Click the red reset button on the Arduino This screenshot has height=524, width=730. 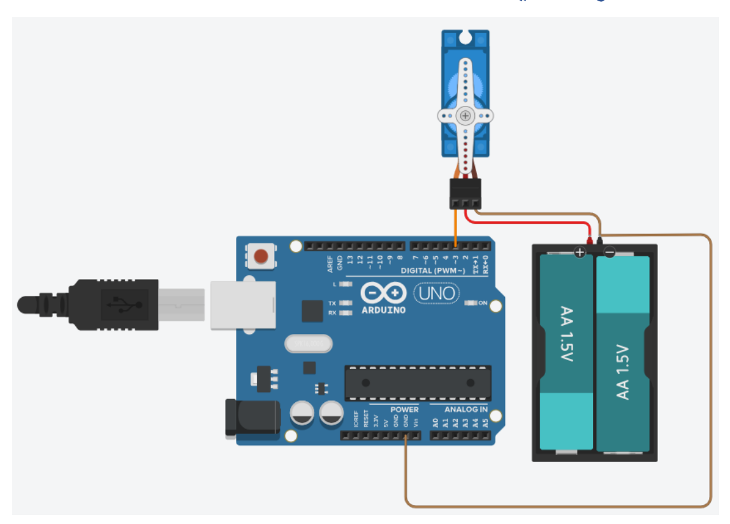(261, 256)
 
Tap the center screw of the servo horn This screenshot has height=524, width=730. (465, 115)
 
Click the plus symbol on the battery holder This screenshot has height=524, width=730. (579, 252)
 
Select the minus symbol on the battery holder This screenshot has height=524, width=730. (610, 252)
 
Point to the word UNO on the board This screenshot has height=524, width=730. (437, 293)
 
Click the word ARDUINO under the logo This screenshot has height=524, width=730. (383, 310)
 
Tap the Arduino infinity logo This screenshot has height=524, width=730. (383, 293)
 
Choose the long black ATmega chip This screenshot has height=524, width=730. (418, 383)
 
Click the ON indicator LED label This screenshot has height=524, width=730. (483, 303)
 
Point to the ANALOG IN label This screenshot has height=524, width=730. (465, 409)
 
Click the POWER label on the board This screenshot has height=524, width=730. (404, 409)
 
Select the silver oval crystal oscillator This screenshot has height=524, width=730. (309, 344)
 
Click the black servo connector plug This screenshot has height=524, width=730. (465, 193)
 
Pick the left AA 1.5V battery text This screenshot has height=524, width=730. (566, 334)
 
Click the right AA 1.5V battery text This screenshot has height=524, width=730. (622, 372)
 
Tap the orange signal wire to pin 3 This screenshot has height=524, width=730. (456, 227)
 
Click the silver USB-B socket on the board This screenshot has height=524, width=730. (244, 305)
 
